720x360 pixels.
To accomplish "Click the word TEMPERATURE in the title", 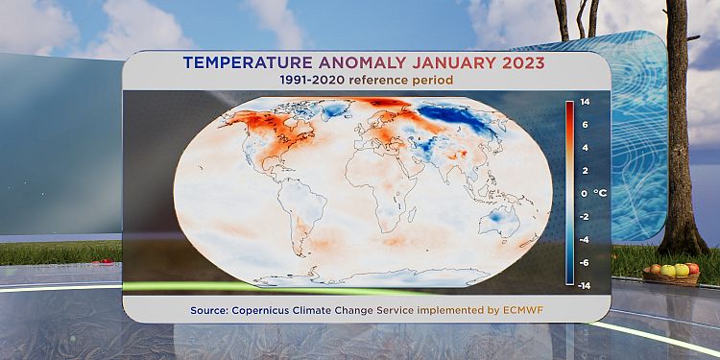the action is tap(248, 62).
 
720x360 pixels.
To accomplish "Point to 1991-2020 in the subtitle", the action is tap(312, 81).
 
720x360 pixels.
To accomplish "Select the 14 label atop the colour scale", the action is tap(585, 102).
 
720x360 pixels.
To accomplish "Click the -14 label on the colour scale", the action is tap(585, 286).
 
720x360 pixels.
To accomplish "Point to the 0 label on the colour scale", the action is tap(584, 193).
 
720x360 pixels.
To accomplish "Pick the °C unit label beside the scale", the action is tap(600, 193).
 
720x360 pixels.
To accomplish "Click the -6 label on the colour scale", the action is tap(584, 263).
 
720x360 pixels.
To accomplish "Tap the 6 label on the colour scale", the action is tap(584, 125).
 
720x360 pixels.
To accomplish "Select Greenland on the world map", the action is tap(334, 109).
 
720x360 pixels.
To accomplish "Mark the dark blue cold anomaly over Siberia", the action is tap(455, 118).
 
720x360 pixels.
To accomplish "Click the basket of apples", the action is tap(671, 274).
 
